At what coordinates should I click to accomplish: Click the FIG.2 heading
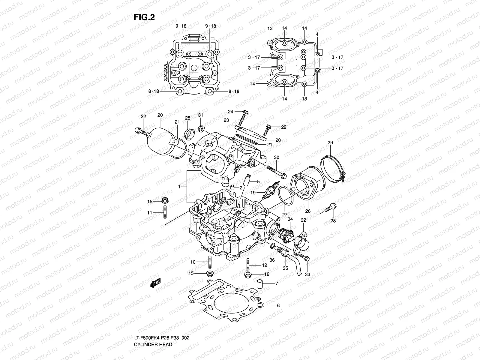144,18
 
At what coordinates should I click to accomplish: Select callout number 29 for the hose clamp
330,143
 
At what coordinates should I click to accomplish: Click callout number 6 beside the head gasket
278,305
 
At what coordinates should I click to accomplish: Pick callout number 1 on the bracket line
179,187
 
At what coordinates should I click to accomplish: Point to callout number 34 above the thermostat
290,220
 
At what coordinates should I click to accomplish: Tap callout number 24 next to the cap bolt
230,112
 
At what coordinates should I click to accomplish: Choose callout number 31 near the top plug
200,115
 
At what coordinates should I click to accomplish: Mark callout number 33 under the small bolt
308,274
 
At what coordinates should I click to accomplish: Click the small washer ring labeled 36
272,246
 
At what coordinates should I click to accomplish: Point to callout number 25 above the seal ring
187,118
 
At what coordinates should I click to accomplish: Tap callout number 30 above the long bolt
277,157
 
